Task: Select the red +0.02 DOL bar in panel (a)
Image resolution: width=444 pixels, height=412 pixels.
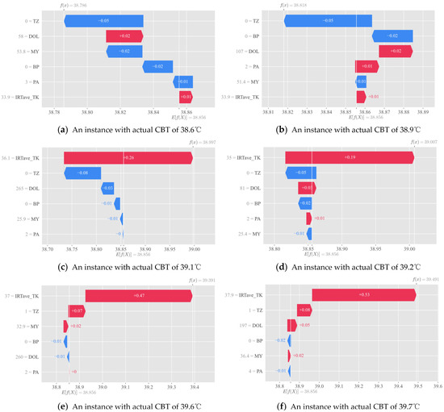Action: coord(124,36)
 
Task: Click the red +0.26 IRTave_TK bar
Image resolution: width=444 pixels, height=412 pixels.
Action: coord(123,158)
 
